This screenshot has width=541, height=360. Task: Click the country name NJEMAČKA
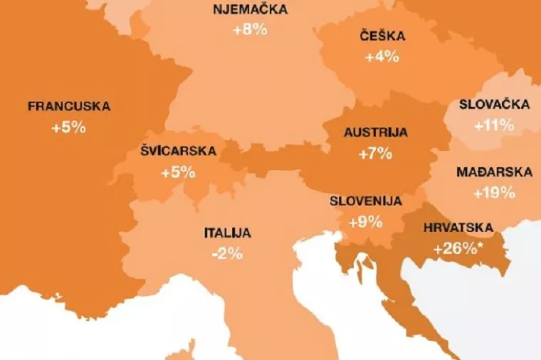point(250,10)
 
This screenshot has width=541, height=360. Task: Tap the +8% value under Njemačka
point(250,31)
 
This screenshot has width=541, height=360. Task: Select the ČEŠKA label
point(382,36)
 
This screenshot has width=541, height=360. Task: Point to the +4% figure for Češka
point(382,57)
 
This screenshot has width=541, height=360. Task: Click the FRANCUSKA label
point(69,107)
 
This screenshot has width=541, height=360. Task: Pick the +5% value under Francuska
point(68,128)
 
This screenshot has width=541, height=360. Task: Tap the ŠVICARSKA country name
point(179,152)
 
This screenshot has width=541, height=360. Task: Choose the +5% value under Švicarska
point(178,173)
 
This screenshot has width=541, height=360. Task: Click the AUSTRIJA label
point(375,132)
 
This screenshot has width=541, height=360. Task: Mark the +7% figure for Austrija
point(375,154)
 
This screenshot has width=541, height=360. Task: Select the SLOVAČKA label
point(494,105)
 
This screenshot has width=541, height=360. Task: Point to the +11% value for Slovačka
point(494,126)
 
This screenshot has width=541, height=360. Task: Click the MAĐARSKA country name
point(494,172)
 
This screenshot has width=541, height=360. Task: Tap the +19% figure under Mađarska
point(494,193)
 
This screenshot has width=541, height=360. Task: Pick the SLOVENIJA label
point(366,201)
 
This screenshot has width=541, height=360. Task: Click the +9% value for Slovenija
point(366,222)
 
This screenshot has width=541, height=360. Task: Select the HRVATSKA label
point(458,228)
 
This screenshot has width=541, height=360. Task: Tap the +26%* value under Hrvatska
point(458,249)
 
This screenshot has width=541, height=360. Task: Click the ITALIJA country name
point(227,233)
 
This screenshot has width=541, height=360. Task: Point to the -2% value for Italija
point(227,253)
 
